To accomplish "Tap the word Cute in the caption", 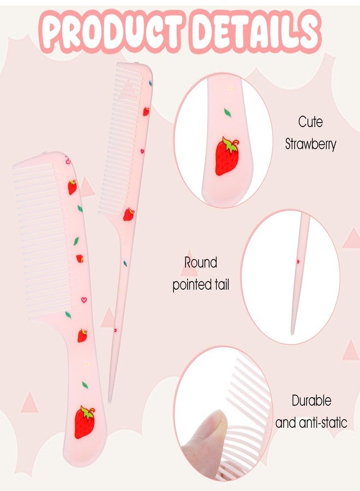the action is (310, 122).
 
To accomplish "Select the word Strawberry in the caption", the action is (310, 145).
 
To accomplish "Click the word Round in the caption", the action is (200, 262).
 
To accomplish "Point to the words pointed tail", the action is (201, 285).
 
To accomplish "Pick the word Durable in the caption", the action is (311, 400).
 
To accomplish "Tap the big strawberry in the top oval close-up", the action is (226, 155).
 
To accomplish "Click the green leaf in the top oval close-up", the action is (227, 113).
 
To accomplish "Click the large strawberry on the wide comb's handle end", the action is (84, 422).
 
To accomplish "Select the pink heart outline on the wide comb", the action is (84, 300).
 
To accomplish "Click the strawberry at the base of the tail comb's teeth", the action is (128, 214).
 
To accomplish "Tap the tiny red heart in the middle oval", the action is (298, 261).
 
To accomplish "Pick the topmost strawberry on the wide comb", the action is (73, 187).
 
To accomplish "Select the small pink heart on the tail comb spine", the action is (142, 151).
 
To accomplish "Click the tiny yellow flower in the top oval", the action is (230, 89).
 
